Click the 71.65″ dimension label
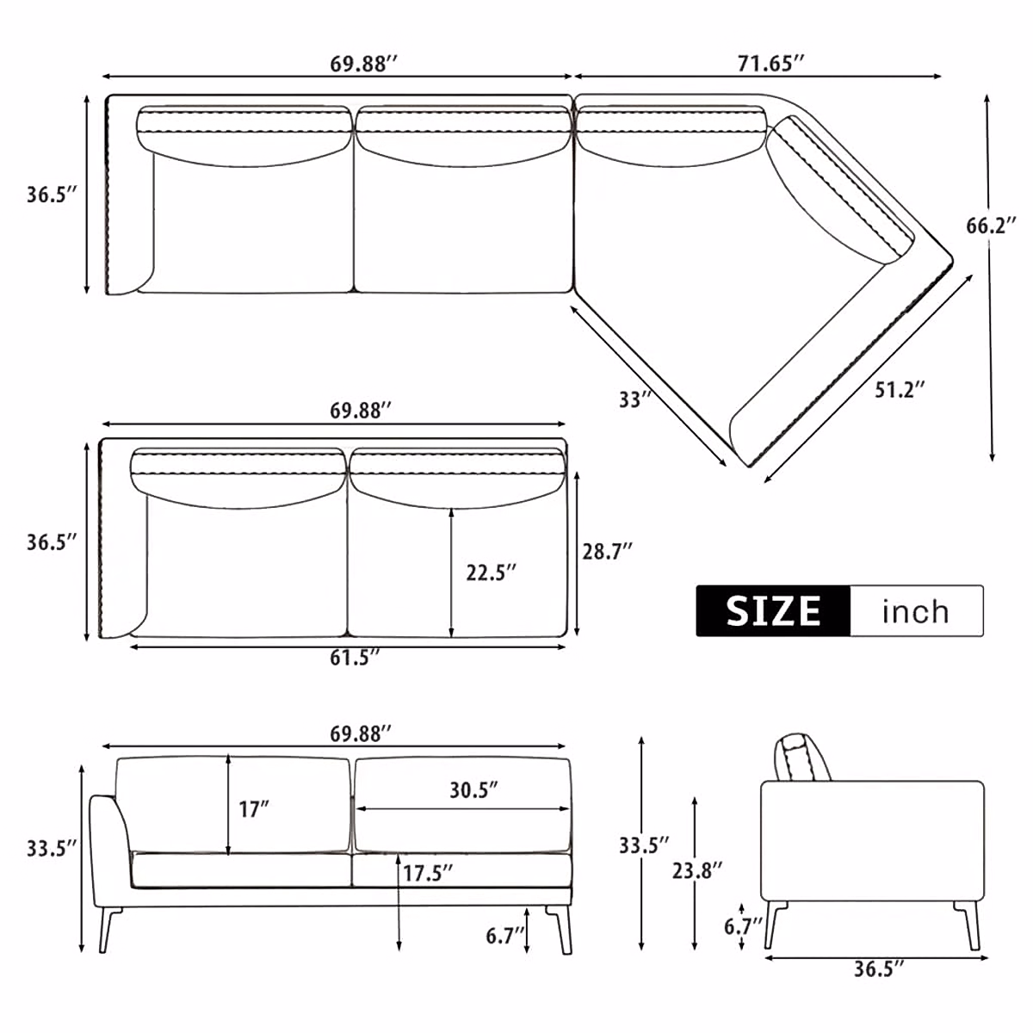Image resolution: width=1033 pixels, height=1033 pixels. (x=770, y=62)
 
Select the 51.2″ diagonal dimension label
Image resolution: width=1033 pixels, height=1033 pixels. (x=900, y=389)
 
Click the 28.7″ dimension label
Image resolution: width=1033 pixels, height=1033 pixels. (x=607, y=551)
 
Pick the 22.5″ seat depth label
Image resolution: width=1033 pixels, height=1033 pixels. (x=492, y=572)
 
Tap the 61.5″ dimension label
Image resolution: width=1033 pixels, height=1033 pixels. (x=356, y=659)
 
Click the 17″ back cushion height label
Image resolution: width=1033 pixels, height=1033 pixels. (x=254, y=809)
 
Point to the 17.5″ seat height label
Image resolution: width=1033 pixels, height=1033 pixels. (x=428, y=873)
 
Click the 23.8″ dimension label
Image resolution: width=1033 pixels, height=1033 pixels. (x=697, y=870)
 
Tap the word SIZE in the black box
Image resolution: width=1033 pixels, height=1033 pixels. (x=773, y=611)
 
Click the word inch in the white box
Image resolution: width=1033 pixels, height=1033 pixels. (x=915, y=611)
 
